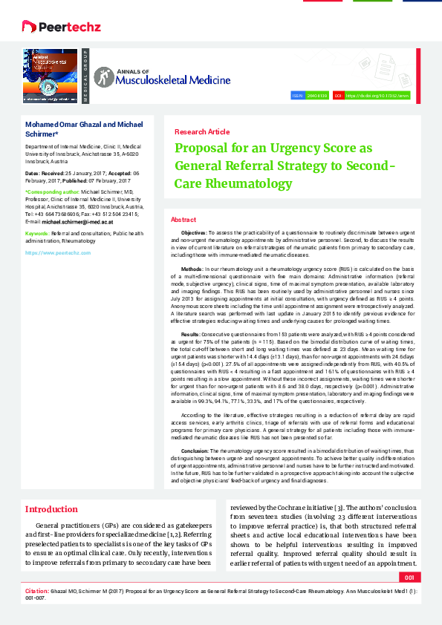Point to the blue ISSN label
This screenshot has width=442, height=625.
tap(296, 96)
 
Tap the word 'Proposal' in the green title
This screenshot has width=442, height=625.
tap(202, 147)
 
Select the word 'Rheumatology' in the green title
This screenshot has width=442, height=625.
tap(246, 183)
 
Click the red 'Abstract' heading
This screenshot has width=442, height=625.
tap(183, 220)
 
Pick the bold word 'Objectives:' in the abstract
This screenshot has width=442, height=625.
tap(194, 233)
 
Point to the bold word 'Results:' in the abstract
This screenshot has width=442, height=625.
tap(191, 336)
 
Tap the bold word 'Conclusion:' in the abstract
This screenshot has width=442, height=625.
tap(195, 450)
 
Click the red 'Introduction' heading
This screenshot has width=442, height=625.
tap(51, 509)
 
